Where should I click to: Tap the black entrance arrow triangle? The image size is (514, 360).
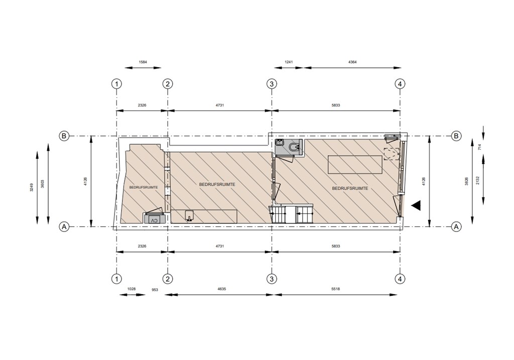[416, 205]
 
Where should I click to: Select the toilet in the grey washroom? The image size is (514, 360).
[295, 147]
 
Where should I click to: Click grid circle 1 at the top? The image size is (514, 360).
[116, 84]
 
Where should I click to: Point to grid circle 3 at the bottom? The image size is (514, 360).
[272, 279]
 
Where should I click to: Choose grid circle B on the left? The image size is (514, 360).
[64, 136]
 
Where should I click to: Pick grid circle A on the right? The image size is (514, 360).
[456, 226]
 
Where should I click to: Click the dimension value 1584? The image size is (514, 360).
[143, 62]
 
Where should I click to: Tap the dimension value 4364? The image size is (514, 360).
[352, 62]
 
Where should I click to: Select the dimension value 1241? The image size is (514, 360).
[289, 62]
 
